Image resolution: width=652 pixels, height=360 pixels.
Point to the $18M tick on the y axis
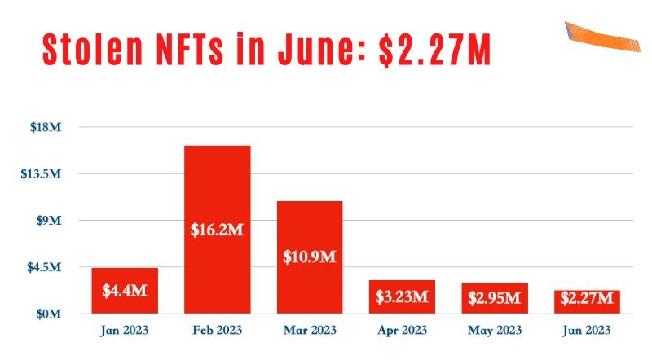point(47,127)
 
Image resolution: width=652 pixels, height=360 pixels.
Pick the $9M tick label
point(49,221)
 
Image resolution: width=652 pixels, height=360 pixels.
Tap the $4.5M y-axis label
point(44,267)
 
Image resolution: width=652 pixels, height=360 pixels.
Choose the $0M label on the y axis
point(49,314)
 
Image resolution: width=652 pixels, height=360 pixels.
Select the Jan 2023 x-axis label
point(125,331)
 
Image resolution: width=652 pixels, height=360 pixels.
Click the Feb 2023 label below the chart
point(217,331)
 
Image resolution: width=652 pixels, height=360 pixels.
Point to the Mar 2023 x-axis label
point(309,331)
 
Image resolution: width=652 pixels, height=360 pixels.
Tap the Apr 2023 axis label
point(402,331)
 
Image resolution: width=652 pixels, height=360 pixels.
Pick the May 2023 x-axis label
point(494,331)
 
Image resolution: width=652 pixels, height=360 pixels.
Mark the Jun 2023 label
point(587,331)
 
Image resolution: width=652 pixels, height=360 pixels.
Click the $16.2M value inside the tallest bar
point(217,230)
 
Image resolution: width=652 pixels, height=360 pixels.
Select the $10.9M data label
point(309,257)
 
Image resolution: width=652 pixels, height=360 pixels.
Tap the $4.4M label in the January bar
point(125,290)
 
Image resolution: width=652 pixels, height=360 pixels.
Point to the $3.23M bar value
point(402,296)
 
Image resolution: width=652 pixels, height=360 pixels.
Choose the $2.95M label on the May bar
point(494,298)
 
